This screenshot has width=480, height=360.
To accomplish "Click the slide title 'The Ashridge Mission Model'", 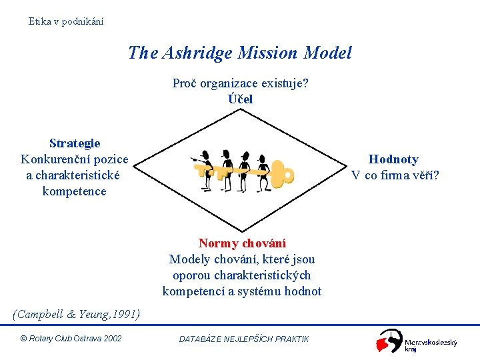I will pyautogui.click(x=240, y=53).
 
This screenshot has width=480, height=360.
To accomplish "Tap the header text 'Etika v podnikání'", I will pyautogui.click(x=66, y=21).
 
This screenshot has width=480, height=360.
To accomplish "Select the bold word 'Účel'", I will pyautogui.click(x=240, y=99).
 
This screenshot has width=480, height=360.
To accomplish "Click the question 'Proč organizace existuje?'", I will pyautogui.click(x=240, y=83).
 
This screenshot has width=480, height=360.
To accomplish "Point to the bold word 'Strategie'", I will pyautogui.click(x=75, y=143).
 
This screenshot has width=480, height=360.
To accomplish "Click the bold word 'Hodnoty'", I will pyautogui.click(x=393, y=159).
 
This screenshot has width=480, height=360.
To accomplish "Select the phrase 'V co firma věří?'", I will pyautogui.click(x=395, y=175).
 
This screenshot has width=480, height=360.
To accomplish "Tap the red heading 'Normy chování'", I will pyautogui.click(x=242, y=243).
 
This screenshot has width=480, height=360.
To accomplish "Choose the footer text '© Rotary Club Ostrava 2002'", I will pyautogui.click(x=71, y=339).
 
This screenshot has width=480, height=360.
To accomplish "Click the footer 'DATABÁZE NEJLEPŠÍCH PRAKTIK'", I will pyautogui.click(x=244, y=339).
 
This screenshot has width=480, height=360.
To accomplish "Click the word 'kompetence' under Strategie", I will pyautogui.click(x=74, y=191).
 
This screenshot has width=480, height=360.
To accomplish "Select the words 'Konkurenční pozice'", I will pyautogui.click(x=75, y=159).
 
